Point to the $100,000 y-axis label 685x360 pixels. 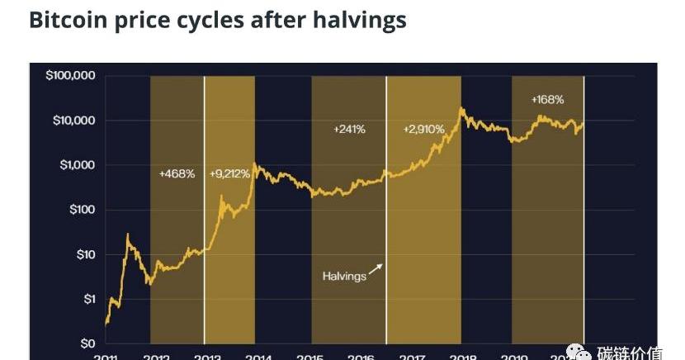pos(71,76)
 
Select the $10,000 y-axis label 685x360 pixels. pos(74,121)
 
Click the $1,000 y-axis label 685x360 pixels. pos(78,165)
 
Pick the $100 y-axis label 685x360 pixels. pos(83,210)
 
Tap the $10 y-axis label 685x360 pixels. pos(87,254)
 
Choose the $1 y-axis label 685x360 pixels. pos(90,299)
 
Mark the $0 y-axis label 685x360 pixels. pos(89,343)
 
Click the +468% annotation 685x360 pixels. pos(177,174)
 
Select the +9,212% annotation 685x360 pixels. pos(231,174)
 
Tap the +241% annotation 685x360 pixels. pos(350,130)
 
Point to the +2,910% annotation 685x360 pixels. pos(423,130)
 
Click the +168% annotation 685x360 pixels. pos(547,100)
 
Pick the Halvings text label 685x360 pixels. pos(344,276)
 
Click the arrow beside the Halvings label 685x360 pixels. pos(376,268)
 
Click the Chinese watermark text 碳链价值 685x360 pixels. pos(630,353)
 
